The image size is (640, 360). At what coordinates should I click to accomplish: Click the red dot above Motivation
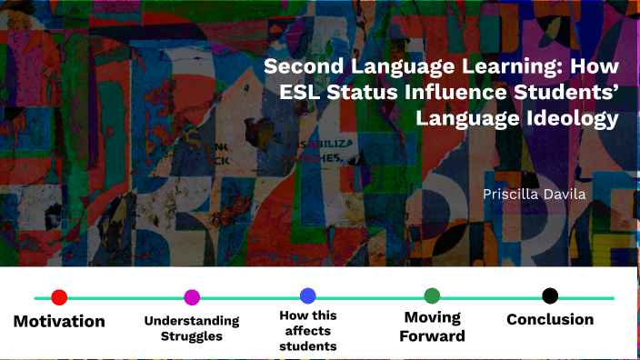(x=59, y=297)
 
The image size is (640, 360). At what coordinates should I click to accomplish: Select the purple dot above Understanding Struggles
(x=192, y=297)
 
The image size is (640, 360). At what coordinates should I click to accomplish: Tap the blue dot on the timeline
(x=307, y=295)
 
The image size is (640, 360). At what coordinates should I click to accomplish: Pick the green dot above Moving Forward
(x=432, y=295)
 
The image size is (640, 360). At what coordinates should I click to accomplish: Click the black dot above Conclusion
(x=550, y=295)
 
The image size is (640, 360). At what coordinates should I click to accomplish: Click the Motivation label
(x=59, y=321)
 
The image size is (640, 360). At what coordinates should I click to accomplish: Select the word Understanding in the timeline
(x=192, y=321)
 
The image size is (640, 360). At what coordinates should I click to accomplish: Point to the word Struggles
(x=192, y=336)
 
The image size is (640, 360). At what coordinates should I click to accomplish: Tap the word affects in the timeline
(x=307, y=331)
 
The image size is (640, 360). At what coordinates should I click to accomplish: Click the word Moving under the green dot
(x=434, y=317)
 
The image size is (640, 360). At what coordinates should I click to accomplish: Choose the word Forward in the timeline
(x=434, y=335)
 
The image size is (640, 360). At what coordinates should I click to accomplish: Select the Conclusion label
(x=550, y=319)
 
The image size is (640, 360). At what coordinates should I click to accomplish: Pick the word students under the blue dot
(x=307, y=345)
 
